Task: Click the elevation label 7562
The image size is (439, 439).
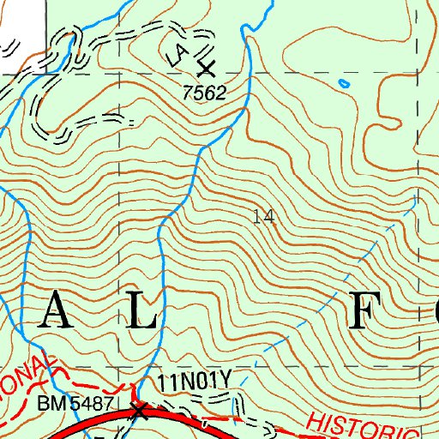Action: point(203,92)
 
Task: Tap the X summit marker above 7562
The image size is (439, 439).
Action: point(205,67)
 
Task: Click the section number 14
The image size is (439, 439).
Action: point(265,218)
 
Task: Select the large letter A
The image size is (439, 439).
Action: point(54,314)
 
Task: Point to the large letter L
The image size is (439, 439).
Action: point(141,314)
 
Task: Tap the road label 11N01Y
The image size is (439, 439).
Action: point(196,378)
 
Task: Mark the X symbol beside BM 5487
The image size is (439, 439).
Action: point(140,410)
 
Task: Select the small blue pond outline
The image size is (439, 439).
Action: point(344,84)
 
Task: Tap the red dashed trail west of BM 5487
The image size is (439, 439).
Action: point(86,379)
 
